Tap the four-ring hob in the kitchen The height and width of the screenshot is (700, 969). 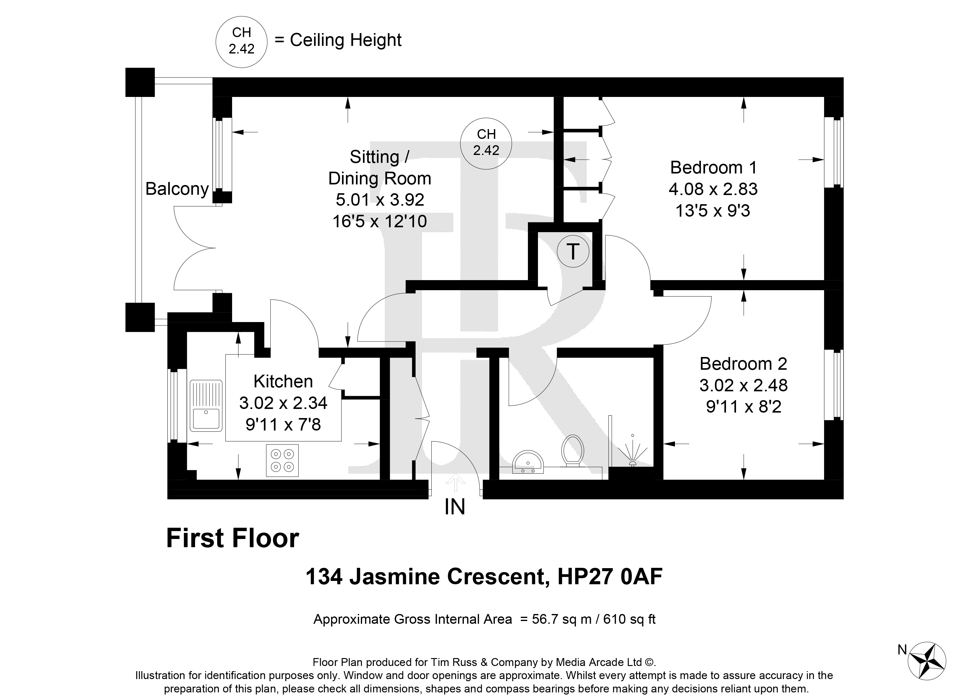coord(282,460)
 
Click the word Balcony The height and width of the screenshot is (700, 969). coord(177,188)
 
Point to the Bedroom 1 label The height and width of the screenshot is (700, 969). coord(714,167)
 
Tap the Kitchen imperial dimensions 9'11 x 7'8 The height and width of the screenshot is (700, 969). coord(283,424)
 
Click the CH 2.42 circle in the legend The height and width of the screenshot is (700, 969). coord(241,41)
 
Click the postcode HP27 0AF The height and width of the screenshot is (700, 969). coord(610,577)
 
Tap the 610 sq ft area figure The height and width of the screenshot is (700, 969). coord(629,619)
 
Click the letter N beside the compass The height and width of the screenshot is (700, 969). coord(902,650)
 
